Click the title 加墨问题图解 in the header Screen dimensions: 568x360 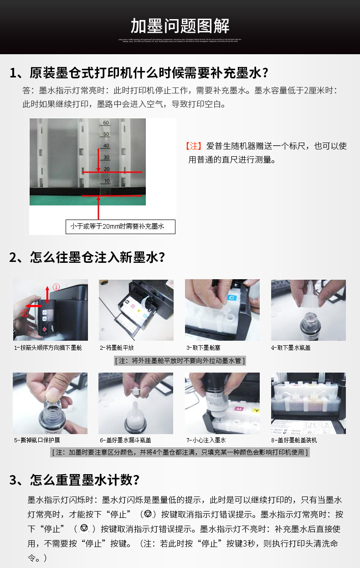coord(180,26)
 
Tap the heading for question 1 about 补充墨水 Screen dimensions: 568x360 coord(139,72)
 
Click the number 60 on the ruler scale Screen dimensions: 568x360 coord(106,123)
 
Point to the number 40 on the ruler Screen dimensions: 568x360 coord(106,146)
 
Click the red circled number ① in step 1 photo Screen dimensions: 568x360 coord(57,287)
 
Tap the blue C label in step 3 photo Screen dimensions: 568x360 coord(231,297)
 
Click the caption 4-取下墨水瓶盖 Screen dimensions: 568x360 coord(291,348)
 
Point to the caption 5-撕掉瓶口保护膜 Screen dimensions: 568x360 coord(36,440)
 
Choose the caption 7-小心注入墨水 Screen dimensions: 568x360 coord(206,440)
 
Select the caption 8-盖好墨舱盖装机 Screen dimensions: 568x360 coord(294,440)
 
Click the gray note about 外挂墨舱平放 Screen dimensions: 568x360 coord(180,361)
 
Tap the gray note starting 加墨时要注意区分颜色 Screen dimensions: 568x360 coord(180,452)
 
